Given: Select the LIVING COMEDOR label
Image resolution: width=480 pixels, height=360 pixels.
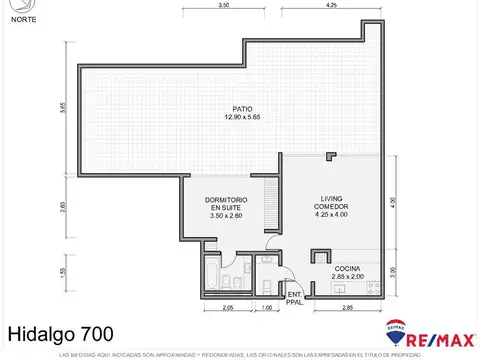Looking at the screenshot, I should click(x=332, y=204).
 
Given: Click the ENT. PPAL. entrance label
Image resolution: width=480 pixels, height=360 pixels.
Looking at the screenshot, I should click(x=294, y=297).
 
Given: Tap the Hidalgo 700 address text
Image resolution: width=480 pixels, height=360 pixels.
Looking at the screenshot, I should click(x=60, y=333).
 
